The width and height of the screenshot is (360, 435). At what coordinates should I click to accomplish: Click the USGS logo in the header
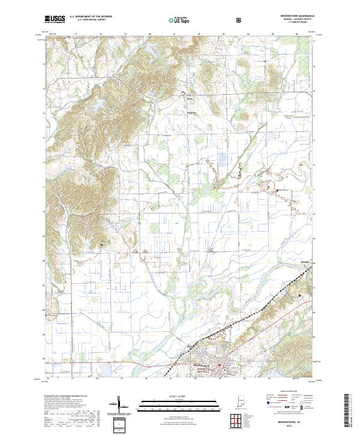pyautogui.click(x=55, y=19)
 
